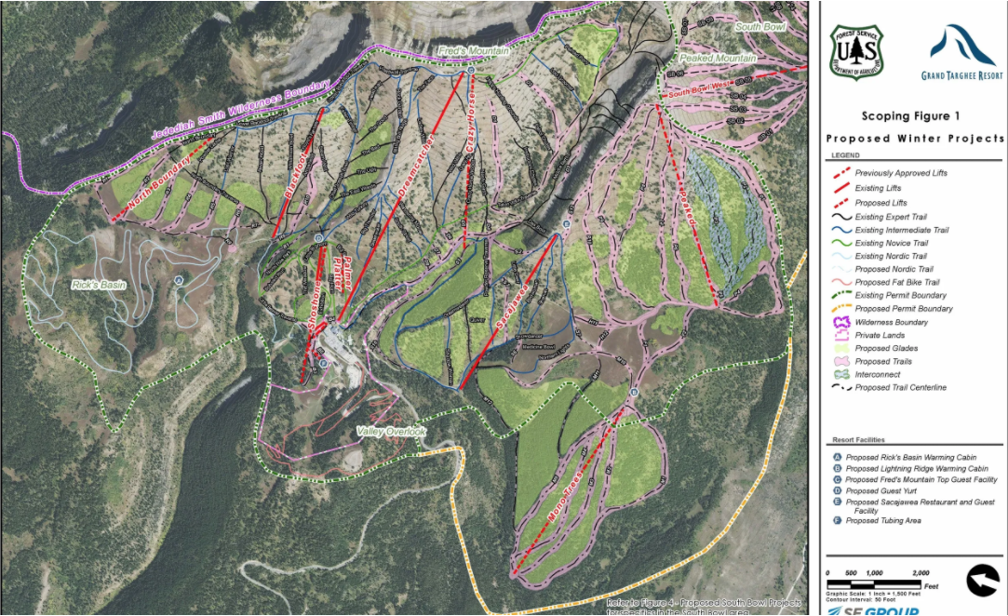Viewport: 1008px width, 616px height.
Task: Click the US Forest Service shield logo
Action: click(855, 53)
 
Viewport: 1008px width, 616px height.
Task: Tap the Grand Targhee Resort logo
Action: click(962, 54)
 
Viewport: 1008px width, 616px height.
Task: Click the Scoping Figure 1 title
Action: click(909, 116)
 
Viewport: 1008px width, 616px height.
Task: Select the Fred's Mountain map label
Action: click(474, 51)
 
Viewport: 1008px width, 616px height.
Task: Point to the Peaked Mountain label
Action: click(718, 59)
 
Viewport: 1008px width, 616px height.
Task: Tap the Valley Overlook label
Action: click(391, 432)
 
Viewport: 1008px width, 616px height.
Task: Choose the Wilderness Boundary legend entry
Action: click(891, 322)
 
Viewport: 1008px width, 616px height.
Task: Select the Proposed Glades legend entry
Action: click(885, 348)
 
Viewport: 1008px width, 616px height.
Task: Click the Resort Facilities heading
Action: click(858, 439)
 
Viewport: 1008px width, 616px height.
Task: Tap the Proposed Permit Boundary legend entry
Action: click(904, 309)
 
